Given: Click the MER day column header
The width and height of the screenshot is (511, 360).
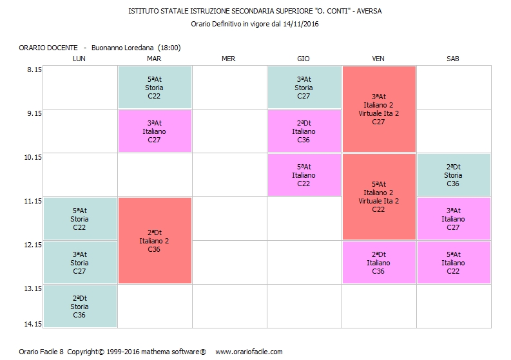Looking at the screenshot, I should [228, 59].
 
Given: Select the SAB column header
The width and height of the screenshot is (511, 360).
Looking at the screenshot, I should [453, 59].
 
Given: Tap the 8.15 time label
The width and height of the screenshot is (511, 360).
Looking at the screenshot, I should [33, 70].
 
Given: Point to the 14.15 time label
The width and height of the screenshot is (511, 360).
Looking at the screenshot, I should [33, 324].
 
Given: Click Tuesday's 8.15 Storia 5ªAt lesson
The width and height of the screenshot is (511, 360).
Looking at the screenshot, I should [154, 88].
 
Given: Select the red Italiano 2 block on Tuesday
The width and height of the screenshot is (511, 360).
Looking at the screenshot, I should [154, 240].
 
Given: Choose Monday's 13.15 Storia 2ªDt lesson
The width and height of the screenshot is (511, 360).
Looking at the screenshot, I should [79, 307].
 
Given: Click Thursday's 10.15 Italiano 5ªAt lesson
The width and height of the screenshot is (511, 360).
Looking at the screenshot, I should [304, 175].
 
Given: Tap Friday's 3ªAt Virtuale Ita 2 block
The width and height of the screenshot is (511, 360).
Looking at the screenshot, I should [378, 109].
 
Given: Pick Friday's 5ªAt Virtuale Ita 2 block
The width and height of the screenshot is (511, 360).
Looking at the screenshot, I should [378, 196].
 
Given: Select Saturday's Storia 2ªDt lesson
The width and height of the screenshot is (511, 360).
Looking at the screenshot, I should [453, 175].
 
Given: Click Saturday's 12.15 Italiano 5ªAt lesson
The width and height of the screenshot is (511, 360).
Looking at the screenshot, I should [453, 262].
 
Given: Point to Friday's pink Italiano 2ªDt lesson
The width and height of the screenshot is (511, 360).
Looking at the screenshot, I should [378, 262].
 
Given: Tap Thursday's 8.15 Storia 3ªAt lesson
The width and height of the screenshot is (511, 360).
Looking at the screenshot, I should [304, 88].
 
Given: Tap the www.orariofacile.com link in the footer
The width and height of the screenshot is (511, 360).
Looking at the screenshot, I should [249, 352].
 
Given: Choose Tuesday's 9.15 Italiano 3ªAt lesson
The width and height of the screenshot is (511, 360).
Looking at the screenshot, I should [154, 131].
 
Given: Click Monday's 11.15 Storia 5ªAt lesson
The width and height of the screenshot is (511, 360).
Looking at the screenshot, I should [79, 218].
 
